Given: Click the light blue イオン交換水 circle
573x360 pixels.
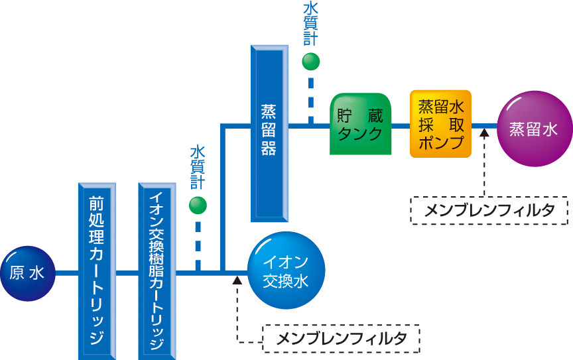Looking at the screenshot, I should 286,272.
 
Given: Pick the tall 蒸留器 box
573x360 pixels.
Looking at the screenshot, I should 269,133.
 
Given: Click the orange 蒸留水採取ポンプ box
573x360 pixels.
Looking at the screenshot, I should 440,124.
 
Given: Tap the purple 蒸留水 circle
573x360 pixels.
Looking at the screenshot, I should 534,129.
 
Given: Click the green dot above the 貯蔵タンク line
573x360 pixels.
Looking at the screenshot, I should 310,62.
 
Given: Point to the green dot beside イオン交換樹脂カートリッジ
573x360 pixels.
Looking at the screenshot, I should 198,206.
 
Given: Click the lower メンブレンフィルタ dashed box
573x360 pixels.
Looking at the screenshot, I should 341,339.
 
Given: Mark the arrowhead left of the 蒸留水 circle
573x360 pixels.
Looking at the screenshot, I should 484,132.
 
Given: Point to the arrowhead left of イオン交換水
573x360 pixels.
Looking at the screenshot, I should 237,279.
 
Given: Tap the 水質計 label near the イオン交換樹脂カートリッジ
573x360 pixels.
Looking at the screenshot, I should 198,168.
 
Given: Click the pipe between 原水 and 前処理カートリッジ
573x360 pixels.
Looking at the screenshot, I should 67,272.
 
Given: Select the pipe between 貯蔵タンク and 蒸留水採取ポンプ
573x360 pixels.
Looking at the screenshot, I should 401,124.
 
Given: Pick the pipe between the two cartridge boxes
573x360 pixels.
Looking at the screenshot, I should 127,272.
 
